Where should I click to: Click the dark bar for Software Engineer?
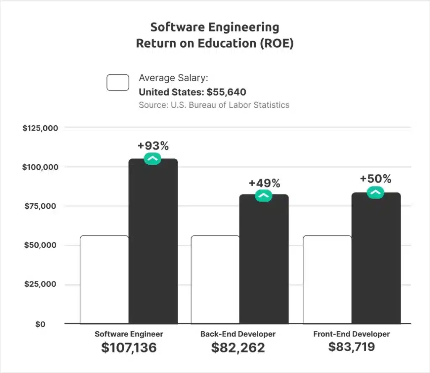153,243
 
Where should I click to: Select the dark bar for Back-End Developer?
264,260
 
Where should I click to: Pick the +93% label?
153,146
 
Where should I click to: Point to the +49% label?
264,183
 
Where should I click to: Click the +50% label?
375,179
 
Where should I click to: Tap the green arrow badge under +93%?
152,158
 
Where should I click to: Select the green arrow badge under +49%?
264,195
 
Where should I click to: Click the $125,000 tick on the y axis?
40,128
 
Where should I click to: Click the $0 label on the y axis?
40,324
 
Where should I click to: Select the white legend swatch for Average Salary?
118,83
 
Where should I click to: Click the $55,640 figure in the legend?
226,92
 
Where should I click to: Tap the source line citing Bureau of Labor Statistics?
214,105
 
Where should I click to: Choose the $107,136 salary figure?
129,347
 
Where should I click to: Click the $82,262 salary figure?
238,347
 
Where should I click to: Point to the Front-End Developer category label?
351,334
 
